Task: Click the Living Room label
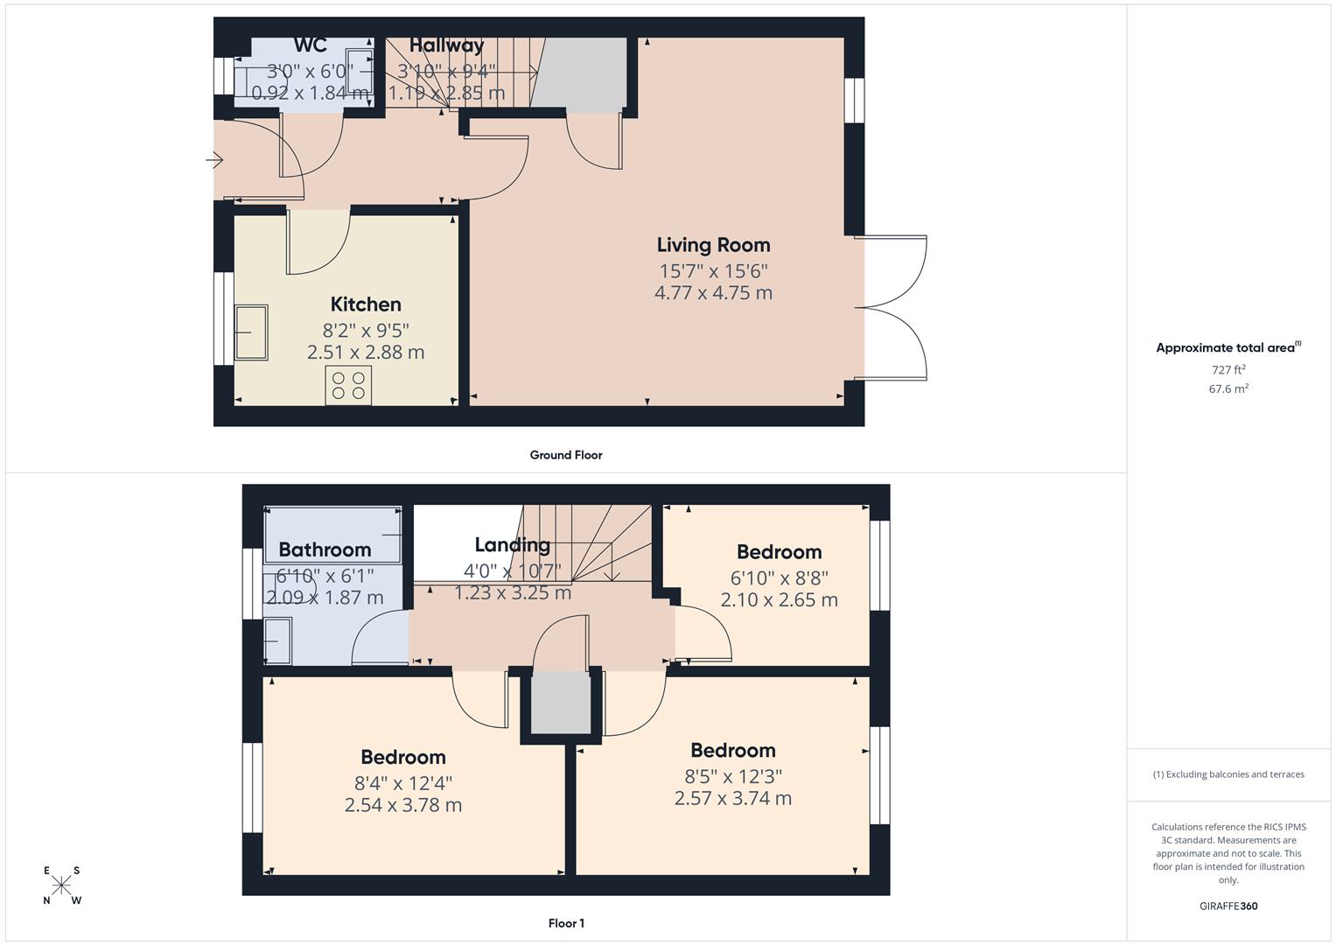713,245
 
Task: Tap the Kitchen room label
366,304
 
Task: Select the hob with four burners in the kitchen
348,385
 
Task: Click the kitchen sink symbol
251,332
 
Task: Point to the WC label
310,45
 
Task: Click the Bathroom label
325,549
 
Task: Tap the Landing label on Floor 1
513,544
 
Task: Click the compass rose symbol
61,885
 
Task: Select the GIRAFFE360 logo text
1228,906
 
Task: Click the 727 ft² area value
1228,369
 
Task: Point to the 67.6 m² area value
1228,388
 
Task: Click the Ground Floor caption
566,455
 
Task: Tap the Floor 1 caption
566,923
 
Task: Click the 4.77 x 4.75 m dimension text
713,293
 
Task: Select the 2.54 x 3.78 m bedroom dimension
403,805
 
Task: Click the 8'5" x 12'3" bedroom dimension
733,777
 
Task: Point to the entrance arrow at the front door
214,160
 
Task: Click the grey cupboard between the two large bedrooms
561,702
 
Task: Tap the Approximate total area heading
1228,348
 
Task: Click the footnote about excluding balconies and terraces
1228,774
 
